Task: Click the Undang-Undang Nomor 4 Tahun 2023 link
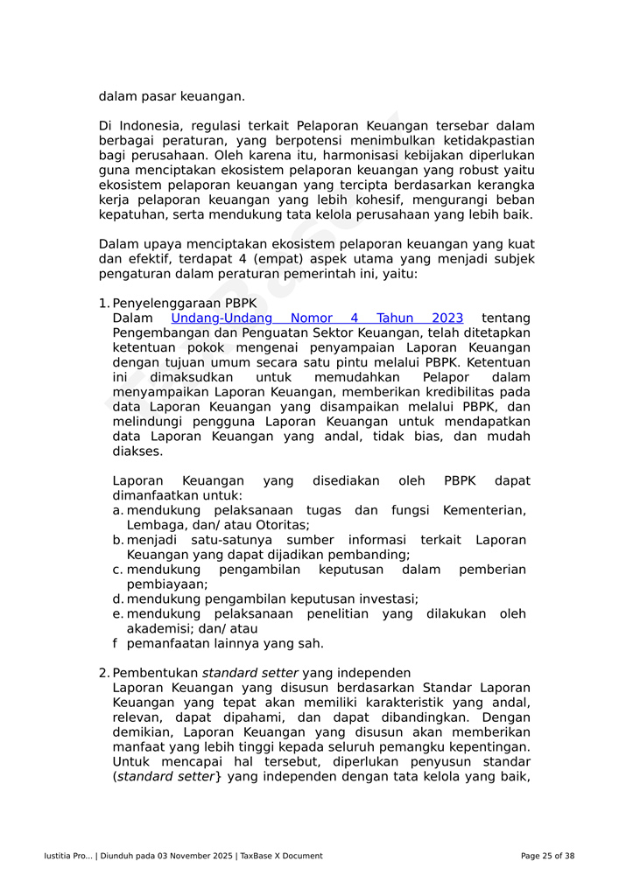coord(317,318)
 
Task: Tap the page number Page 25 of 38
coord(547,856)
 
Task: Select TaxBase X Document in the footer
coord(281,856)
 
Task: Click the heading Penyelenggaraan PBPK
coord(185,304)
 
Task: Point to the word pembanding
coord(370,555)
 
